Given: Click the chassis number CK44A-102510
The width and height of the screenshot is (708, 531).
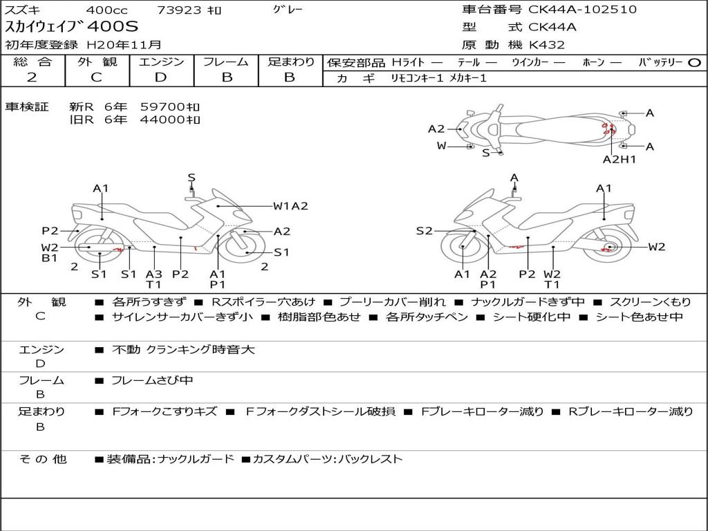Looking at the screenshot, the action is pyautogui.click(x=583, y=10).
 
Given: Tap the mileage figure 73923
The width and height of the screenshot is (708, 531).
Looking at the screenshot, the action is pyautogui.click(x=179, y=10).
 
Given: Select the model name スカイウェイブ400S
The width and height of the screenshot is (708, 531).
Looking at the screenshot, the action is pyautogui.click(x=72, y=27).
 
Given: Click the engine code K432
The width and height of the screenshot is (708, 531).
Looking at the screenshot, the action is pyautogui.click(x=547, y=45).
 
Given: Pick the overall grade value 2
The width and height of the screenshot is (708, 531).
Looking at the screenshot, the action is pyautogui.click(x=32, y=77).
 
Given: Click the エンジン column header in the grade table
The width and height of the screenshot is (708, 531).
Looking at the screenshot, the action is pyautogui.click(x=161, y=62).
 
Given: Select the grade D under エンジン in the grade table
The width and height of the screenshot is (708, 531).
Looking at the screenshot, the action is pyautogui.click(x=161, y=77).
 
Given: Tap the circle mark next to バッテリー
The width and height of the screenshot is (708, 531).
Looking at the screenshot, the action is pyautogui.click(x=694, y=63).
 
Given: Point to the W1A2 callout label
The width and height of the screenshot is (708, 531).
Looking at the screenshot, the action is pyautogui.click(x=290, y=205).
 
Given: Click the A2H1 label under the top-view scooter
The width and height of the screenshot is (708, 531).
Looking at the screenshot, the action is pyautogui.click(x=619, y=159).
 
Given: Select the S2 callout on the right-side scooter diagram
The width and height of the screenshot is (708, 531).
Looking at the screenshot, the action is pyautogui.click(x=424, y=231).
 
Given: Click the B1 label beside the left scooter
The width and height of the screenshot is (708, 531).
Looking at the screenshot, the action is pyautogui.click(x=49, y=259).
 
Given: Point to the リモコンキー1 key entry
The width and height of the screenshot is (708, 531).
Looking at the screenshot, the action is pyautogui.click(x=416, y=78).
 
